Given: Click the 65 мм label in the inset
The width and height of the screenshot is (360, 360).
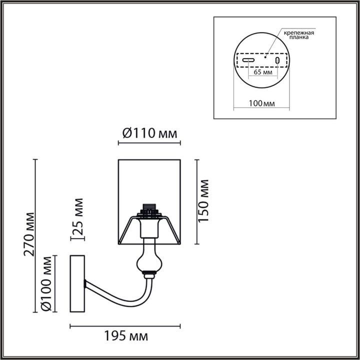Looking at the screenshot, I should tap(263, 72).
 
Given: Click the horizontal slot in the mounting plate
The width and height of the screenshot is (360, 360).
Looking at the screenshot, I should tap(248, 59).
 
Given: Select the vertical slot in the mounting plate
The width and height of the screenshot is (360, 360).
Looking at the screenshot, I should tap(277, 59).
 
